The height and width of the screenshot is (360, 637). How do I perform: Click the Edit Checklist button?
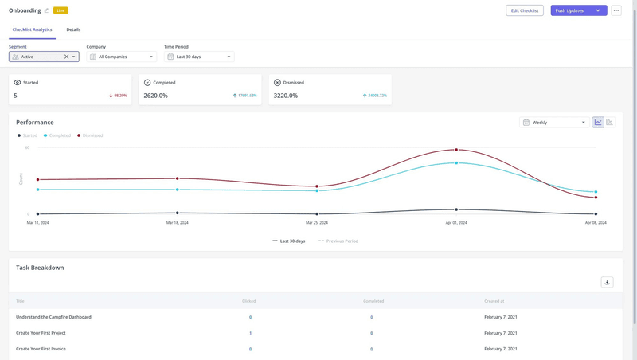[524, 10]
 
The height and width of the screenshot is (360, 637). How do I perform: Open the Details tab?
[73, 29]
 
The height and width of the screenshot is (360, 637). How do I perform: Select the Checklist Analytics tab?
[32, 29]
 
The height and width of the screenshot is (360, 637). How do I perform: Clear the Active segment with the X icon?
[66, 57]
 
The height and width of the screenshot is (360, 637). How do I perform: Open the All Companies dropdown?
[121, 57]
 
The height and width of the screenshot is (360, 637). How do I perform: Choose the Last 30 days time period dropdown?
[199, 57]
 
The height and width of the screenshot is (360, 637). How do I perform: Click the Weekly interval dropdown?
[555, 123]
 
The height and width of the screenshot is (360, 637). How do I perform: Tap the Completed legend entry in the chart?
[59, 135]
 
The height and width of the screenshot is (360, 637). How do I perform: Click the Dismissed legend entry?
[92, 135]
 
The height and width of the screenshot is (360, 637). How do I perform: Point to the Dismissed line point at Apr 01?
[456, 150]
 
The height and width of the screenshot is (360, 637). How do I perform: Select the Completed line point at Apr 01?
[456, 163]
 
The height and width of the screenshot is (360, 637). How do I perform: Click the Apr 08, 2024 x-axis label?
[596, 223]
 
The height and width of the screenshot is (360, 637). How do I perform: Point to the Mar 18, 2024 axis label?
[177, 223]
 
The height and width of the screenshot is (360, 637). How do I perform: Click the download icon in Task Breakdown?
[607, 282]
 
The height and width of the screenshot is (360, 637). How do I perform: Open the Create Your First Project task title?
[41, 333]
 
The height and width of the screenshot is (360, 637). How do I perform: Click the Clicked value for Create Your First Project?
[250, 333]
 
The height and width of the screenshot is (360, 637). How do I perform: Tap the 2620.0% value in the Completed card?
[155, 96]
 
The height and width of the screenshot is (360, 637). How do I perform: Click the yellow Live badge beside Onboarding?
[61, 10]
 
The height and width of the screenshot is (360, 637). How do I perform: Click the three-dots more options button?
[616, 10]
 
